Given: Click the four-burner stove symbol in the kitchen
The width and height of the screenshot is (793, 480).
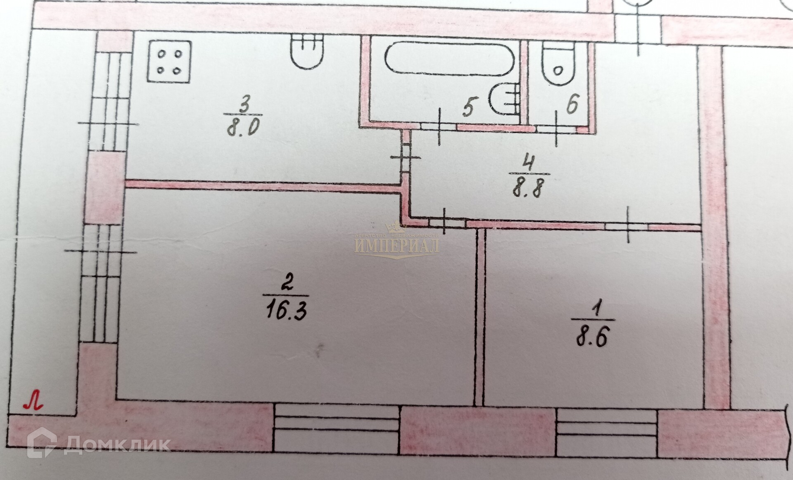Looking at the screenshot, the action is (170, 62).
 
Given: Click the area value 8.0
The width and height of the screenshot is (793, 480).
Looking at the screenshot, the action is (242, 127).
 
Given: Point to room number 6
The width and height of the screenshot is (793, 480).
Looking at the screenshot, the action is (572, 104).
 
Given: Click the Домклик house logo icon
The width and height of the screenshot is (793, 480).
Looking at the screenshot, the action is (42, 443).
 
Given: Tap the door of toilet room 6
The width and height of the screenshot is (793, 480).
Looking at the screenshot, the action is (556, 128).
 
